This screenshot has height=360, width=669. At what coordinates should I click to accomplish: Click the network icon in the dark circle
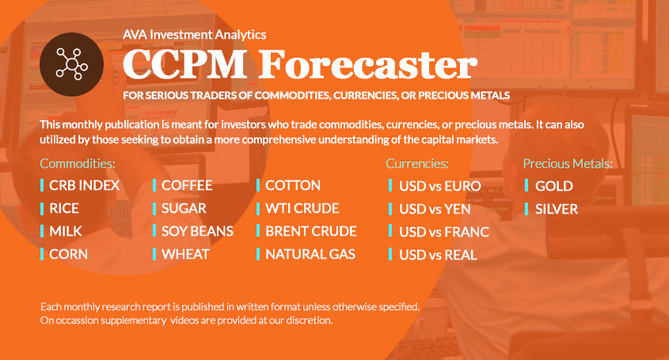pyautogui.click(x=72, y=64)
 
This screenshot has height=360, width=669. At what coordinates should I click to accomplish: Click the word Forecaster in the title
pyautogui.click(x=367, y=64)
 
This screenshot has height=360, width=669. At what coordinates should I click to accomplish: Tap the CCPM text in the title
pyautogui.click(x=184, y=64)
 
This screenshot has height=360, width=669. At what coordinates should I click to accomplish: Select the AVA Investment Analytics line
pyautogui.click(x=194, y=35)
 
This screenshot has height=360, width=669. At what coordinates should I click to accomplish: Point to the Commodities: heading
pyautogui.click(x=78, y=163)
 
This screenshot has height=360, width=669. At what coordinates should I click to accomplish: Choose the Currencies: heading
pyautogui.click(x=417, y=163)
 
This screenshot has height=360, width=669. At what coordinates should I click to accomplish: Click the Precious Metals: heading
pyautogui.click(x=568, y=163)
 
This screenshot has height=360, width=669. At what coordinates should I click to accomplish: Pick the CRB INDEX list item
pyautogui.click(x=85, y=186)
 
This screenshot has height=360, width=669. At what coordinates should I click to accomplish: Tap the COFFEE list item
pyautogui.click(x=187, y=186)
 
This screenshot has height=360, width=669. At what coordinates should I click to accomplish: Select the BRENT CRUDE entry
pyautogui.click(x=311, y=231)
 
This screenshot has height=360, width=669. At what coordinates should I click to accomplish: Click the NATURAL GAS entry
pyautogui.click(x=310, y=254)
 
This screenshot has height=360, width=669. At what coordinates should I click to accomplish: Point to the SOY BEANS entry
pyautogui.click(x=198, y=231)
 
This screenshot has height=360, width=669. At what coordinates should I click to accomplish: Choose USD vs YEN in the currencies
pyautogui.click(x=435, y=209)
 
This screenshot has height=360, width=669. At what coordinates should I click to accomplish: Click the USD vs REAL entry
pyautogui.click(x=438, y=255)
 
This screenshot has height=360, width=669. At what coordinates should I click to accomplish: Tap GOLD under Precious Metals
pyautogui.click(x=553, y=186)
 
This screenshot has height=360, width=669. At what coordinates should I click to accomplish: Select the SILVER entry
pyautogui.click(x=557, y=209)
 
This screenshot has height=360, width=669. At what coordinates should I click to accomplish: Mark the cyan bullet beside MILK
pyautogui.click(x=42, y=231)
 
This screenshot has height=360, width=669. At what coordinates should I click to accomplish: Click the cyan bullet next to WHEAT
pyautogui.click(x=154, y=254)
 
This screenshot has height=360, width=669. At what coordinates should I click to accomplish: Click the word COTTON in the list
pyautogui.click(x=293, y=186)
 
